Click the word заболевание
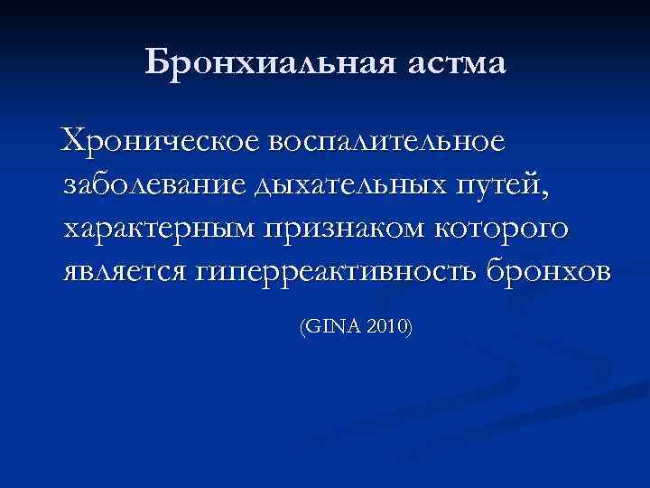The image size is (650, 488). click(153, 185)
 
